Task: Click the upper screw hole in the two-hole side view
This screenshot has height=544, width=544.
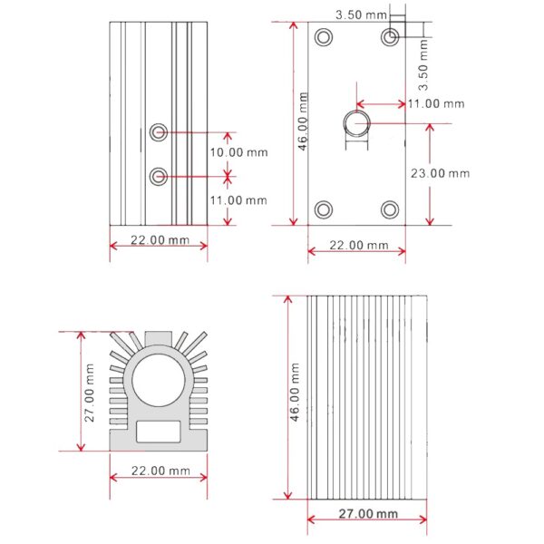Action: point(159,132)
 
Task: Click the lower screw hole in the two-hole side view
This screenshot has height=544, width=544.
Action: point(159,175)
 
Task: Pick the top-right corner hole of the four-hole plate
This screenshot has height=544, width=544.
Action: point(390,37)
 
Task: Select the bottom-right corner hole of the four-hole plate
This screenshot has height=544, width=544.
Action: point(390,210)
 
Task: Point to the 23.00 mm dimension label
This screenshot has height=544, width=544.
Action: point(442,173)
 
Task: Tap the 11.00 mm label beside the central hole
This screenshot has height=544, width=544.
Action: point(435,103)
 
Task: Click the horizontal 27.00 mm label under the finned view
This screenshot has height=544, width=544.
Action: point(368,513)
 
